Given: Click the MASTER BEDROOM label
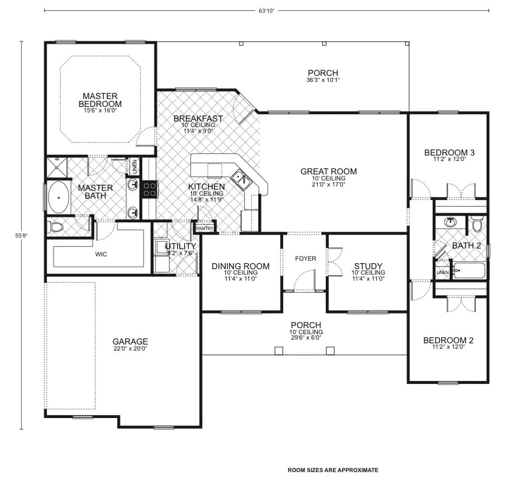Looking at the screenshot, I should [101, 100].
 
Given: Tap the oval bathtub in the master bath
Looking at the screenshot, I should [58, 197].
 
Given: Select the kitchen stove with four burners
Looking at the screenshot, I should [149, 188].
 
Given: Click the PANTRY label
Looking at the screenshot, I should [205, 228].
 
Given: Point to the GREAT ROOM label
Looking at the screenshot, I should [328, 171].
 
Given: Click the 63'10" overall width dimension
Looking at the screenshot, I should [266, 10].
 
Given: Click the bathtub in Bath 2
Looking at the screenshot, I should [469, 270].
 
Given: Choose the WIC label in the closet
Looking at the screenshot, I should [101, 254].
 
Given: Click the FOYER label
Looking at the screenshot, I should [306, 259].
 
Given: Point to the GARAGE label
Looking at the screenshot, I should [130, 341].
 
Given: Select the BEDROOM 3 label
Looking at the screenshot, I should [449, 153].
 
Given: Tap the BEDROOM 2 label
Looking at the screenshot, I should [448, 340].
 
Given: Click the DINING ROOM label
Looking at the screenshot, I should [240, 266].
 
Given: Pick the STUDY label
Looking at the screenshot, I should [368, 266].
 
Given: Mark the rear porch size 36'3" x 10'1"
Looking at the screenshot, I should [323, 80].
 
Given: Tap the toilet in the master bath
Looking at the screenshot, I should [55, 228].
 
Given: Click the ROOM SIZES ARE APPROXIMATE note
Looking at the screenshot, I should [332, 470].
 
